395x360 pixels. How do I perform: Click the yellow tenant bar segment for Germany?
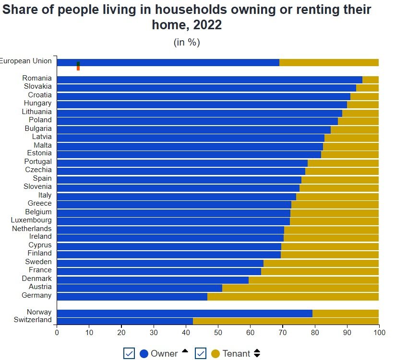[x=293, y=296]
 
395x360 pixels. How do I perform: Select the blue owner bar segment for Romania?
[x=209, y=80]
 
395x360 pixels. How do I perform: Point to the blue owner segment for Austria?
[x=139, y=288]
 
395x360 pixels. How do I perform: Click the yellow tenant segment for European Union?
[x=329, y=62]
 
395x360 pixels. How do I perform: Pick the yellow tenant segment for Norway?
[x=346, y=313]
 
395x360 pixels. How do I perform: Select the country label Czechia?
[x=38, y=170]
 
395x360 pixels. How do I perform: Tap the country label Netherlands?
[x=32, y=229]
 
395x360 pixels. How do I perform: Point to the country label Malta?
[x=42, y=145]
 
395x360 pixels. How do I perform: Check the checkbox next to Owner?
[x=129, y=353]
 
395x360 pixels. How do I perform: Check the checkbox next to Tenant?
[x=201, y=353]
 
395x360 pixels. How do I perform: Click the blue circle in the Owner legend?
[x=144, y=354]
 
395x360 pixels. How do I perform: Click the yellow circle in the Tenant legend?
[x=215, y=354]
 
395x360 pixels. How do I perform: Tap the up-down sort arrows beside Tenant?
[x=257, y=353]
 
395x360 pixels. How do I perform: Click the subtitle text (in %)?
[x=187, y=42]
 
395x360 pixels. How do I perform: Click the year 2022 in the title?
[x=208, y=25]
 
